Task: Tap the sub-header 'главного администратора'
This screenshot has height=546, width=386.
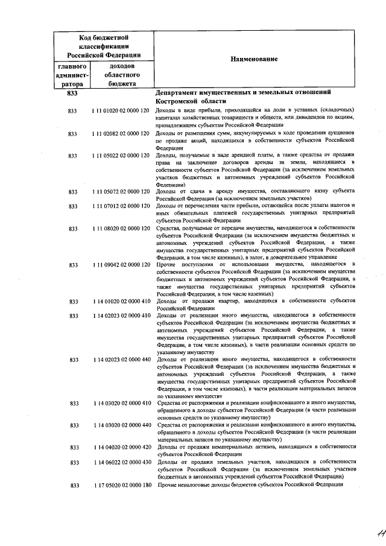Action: point(73,75)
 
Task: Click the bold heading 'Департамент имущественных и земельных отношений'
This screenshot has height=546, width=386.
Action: point(244,93)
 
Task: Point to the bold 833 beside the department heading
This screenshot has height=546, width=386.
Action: point(72,94)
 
